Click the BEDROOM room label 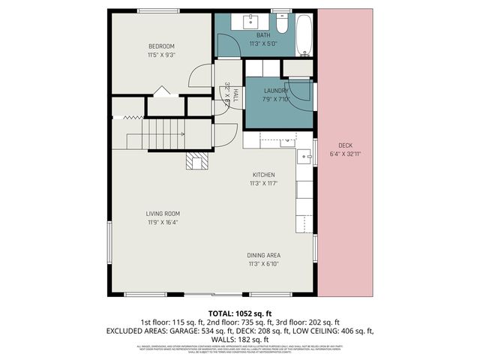160,46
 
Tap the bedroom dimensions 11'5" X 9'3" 160,54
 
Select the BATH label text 262,35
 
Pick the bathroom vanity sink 253,20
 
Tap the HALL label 235,95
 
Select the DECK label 345,145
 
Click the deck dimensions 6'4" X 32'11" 345,154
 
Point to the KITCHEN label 263,175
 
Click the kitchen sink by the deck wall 304,157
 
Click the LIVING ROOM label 161,214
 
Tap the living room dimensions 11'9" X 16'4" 161,222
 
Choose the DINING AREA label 263,256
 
